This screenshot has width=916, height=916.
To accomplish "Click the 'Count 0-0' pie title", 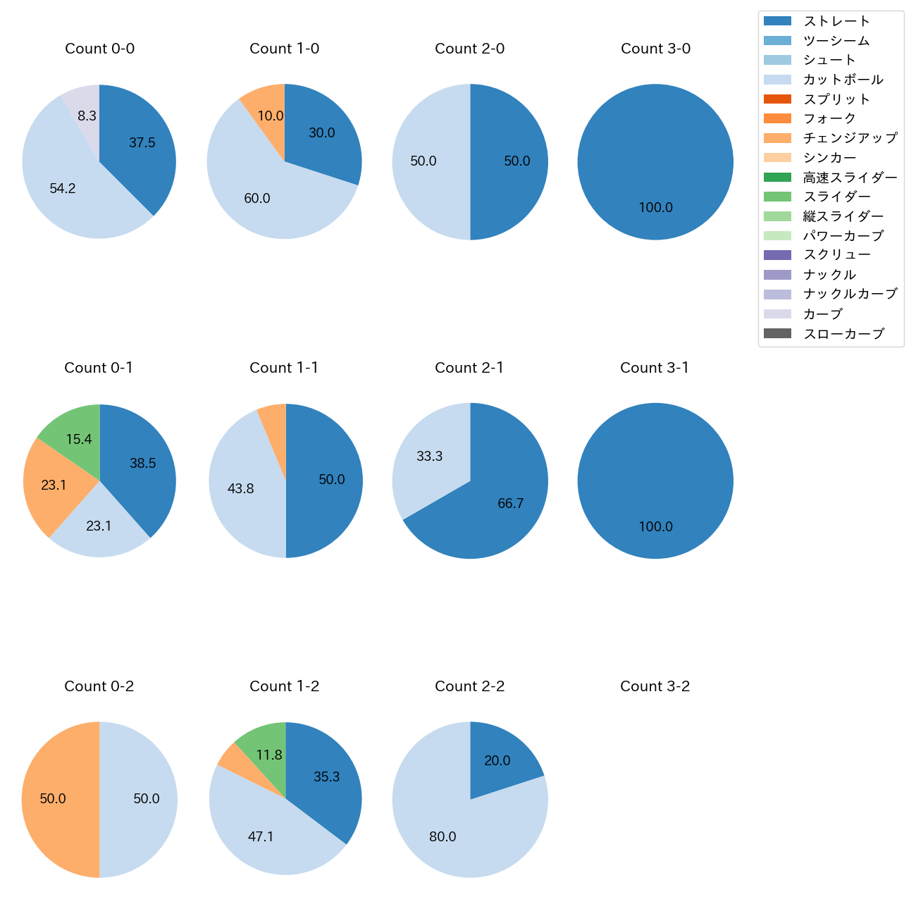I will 99,49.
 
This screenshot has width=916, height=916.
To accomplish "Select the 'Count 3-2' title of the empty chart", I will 655,686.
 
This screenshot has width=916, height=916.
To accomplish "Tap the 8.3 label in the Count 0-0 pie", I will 87,116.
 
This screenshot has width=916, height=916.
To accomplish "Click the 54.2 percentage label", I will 63,188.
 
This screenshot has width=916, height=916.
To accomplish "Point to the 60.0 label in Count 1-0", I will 257,199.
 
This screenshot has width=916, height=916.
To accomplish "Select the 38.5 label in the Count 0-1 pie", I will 143,463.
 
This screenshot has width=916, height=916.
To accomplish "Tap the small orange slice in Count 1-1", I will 273,430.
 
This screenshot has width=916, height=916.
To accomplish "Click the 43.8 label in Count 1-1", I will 241,488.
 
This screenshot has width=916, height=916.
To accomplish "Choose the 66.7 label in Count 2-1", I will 511,503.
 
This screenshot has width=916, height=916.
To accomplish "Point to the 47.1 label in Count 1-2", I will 261,836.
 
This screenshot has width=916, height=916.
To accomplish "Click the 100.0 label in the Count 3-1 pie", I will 656,526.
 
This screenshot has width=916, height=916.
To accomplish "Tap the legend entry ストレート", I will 836,21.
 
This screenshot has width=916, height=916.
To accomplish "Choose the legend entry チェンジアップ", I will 850,138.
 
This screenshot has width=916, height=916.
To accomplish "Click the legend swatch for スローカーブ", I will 777,333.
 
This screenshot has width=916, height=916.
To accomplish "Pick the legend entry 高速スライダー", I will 850,178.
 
